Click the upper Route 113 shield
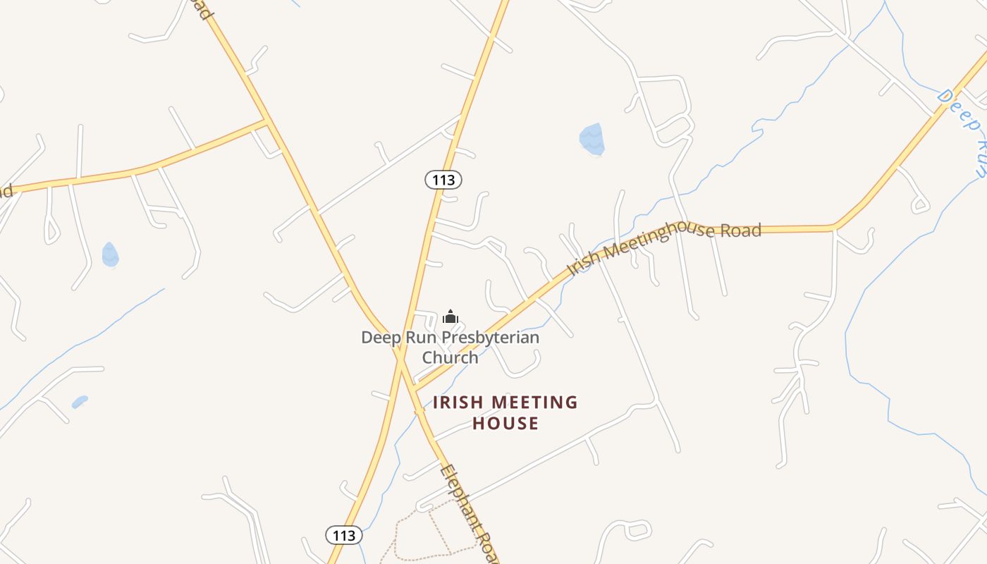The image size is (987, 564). coord(443,180)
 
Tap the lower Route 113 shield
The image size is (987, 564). coord(344,535)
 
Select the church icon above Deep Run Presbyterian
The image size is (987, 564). coord(450,317)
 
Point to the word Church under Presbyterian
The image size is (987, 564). coord(450,357)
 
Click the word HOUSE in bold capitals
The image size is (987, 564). coord(505,423)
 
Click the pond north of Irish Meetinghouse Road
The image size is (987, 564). coord(591,139)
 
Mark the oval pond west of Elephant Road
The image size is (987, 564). coord(110,255)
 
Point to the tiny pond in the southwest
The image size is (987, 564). coord(80,402)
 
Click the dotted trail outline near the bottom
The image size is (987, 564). coord(423,536)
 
